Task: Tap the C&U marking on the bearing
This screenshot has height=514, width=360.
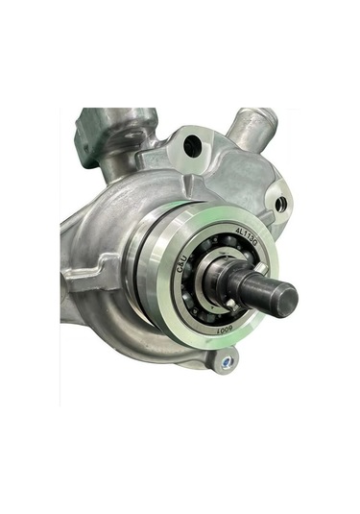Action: click(184, 270)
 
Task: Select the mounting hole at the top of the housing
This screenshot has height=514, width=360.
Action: click(192, 147)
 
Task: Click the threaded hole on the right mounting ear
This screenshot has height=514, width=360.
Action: click(279, 204)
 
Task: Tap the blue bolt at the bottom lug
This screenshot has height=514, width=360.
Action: click(224, 363)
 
